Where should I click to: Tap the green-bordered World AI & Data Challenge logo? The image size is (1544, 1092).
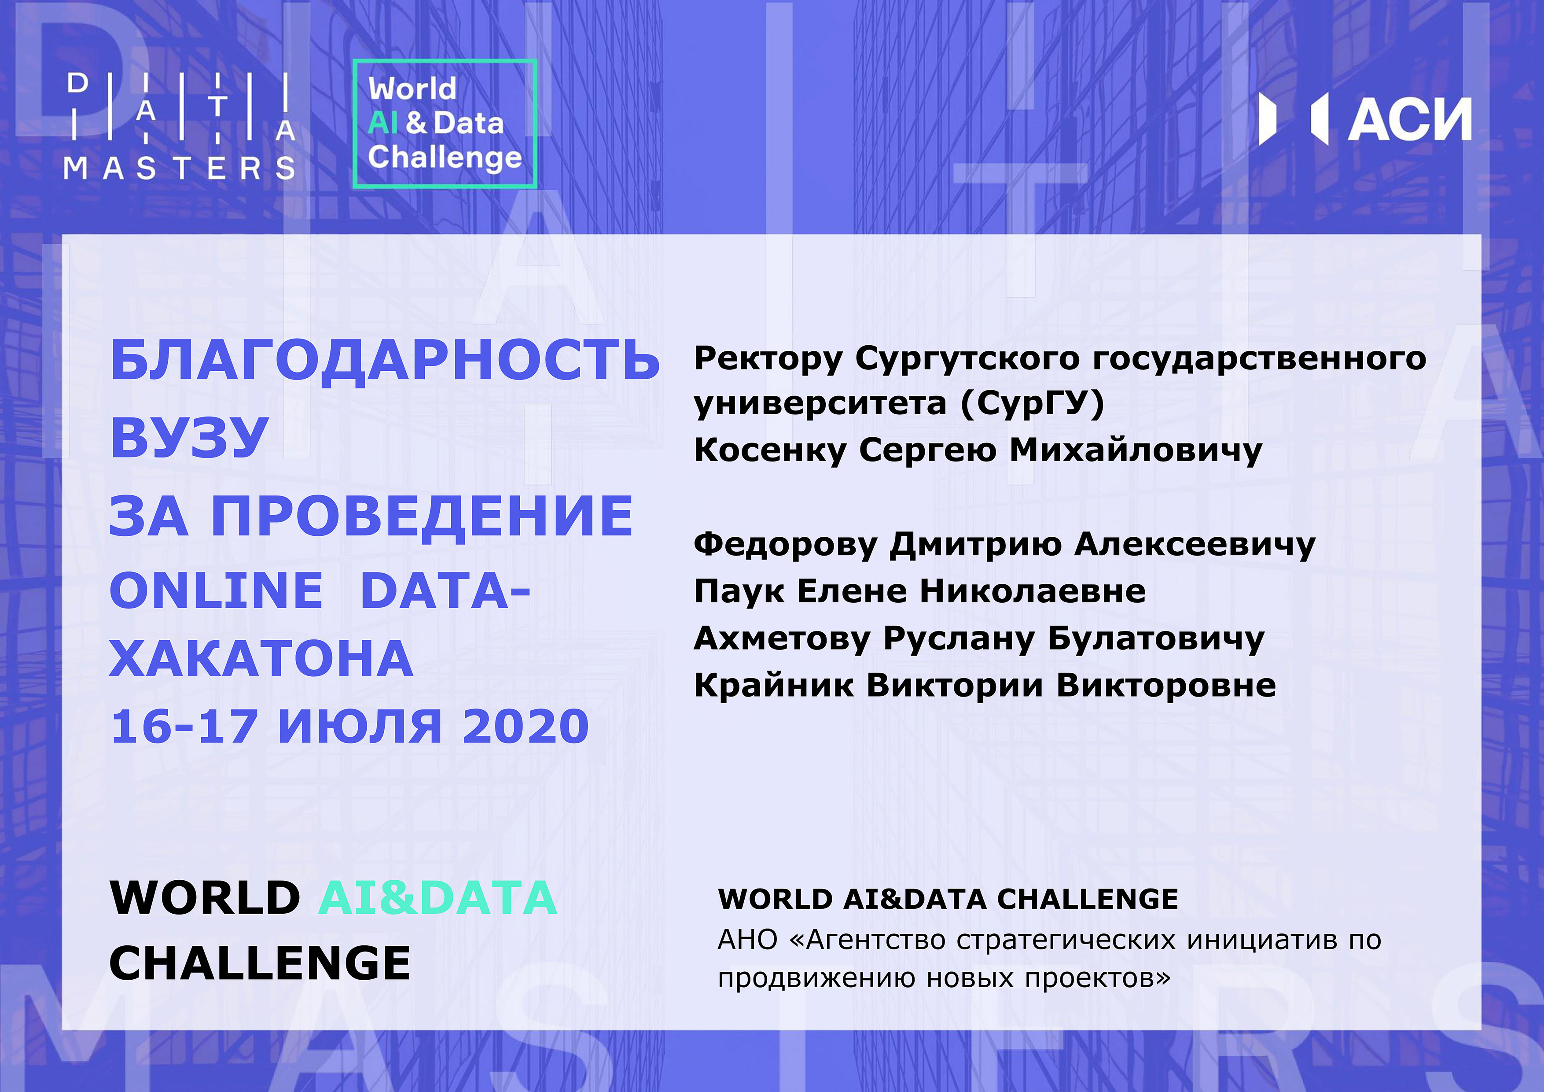tap(445, 124)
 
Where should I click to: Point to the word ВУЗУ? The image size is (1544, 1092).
tap(190, 437)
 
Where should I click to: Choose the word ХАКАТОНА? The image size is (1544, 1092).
tap(261, 659)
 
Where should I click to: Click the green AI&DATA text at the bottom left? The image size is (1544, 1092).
tap(438, 898)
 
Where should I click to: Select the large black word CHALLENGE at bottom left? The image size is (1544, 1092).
tap(260, 963)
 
